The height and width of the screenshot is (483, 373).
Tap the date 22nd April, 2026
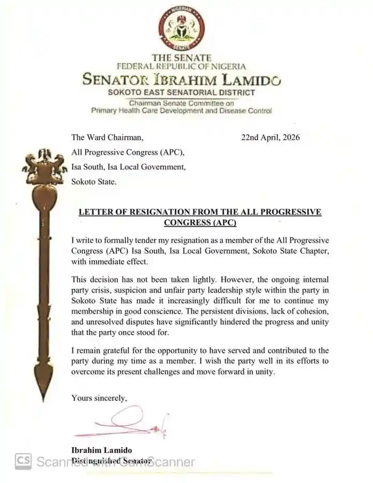271,137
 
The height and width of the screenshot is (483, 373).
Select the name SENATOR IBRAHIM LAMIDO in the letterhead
182,81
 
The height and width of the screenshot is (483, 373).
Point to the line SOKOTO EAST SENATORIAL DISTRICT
180,93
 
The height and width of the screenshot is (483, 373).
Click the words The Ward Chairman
107,137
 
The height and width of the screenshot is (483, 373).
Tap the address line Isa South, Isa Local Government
129,167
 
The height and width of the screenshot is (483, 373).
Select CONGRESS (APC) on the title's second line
199,222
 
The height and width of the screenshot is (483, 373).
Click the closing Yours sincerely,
99,398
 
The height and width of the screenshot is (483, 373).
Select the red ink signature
123,421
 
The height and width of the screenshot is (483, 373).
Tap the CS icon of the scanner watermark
23,461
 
